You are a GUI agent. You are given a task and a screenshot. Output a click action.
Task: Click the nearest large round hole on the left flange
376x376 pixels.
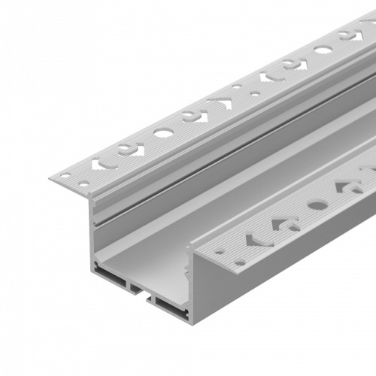pos(162,133)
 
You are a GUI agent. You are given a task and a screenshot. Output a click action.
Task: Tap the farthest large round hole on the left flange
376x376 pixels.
pos(323,50)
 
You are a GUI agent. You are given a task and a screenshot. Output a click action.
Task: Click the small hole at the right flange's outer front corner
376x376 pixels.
pos(240,262)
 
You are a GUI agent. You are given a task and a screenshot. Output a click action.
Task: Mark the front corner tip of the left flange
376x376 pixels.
pos(50,179)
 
